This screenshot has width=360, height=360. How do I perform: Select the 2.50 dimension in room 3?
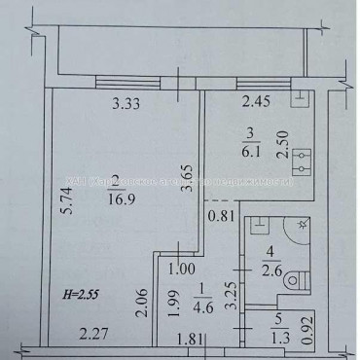pos(284,144)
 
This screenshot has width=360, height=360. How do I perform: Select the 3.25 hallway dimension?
pos(227,296)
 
